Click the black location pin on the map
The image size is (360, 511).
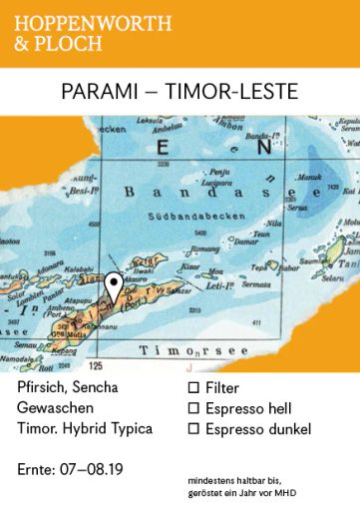(115, 261)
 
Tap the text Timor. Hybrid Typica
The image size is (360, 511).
(85, 429)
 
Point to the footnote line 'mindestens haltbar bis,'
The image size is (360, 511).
(239, 480)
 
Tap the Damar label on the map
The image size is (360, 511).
(243, 241)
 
